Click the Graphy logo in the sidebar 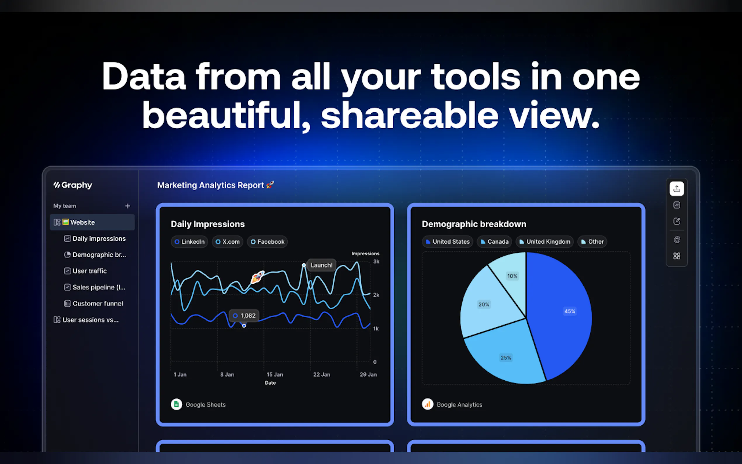73,185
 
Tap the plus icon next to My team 128,206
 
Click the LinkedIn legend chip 189,242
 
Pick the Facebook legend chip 267,242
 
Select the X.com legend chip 227,242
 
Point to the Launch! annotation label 321,265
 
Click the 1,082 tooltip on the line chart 244,316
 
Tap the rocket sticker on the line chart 258,277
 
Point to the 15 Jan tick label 275,374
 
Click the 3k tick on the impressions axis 376,262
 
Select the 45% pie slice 561,313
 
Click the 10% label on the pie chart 512,276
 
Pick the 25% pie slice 506,356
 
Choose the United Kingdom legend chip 545,242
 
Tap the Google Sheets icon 176,404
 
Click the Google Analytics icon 427,404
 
